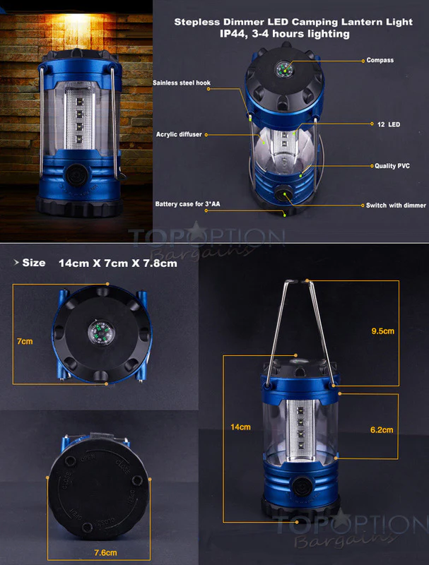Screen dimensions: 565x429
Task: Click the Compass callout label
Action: click(x=380, y=61)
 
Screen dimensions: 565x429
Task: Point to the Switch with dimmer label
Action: click(x=395, y=206)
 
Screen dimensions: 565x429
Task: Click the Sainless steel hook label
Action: click(x=182, y=83)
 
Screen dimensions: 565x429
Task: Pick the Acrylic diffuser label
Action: click(x=177, y=133)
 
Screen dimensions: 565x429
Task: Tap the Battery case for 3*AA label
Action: click(x=189, y=204)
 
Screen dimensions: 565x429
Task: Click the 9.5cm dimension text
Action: click(x=382, y=330)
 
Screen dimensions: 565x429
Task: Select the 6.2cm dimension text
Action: click(x=382, y=429)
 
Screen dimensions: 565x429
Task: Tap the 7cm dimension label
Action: click(x=25, y=341)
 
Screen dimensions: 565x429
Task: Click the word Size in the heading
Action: click(x=34, y=263)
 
